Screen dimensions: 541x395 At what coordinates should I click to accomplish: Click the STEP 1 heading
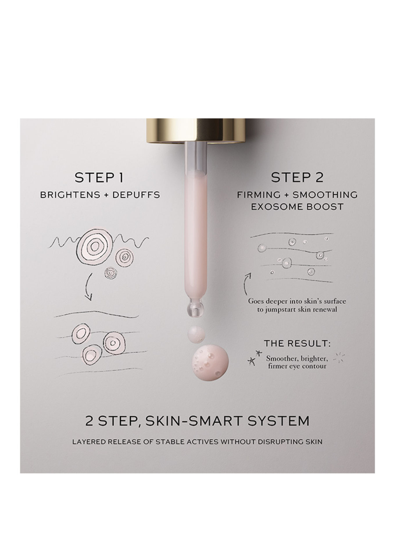click(x=99, y=178)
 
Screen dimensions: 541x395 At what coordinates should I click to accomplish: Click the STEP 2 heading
click(x=297, y=178)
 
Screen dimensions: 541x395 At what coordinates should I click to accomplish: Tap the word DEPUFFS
click(x=136, y=195)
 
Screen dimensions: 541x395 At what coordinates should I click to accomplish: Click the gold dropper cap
click(x=196, y=131)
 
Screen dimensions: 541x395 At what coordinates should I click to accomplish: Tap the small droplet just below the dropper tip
click(x=196, y=334)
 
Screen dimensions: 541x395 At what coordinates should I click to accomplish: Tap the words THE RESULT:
click(x=297, y=344)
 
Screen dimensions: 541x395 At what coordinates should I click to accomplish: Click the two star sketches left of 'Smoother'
click(x=254, y=358)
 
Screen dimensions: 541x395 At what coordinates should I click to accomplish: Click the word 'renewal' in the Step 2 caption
click(x=324, y=309)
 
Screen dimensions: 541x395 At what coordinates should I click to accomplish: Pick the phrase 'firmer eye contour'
click(x=297, y=366)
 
